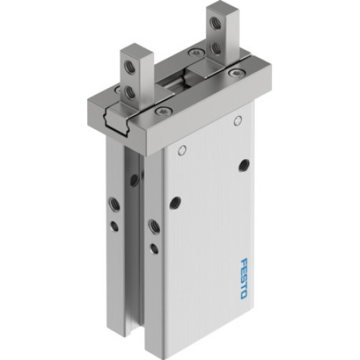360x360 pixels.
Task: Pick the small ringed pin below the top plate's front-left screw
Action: click(182, 150)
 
